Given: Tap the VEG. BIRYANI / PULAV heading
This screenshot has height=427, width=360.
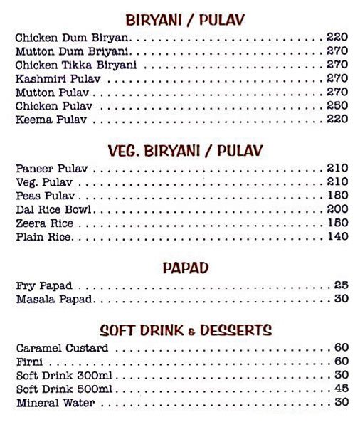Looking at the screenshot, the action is (x=185, y=151).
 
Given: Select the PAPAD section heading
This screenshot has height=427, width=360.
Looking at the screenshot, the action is (x=185, y=268).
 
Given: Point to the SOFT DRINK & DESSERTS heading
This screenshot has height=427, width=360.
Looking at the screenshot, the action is (x=185, y=330).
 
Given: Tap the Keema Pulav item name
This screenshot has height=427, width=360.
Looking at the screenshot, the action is (x=51, y=120).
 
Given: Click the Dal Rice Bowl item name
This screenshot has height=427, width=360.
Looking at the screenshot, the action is (x=55, y=210).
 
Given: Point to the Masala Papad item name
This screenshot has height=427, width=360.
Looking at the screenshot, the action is (x=53, y=299).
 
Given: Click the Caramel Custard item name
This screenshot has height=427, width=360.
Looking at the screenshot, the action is (x=62, y=349).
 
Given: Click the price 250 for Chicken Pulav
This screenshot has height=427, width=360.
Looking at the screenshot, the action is (x=337, y=106).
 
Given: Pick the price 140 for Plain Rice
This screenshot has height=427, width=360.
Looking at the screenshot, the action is (x=337, y=237).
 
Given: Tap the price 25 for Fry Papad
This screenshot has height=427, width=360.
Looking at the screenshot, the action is (x=341, y=285).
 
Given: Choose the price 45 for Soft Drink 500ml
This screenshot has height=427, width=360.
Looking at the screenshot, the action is (x=341, y=389).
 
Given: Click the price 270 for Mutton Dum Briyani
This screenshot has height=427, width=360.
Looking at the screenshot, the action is (x=337, y=51).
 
